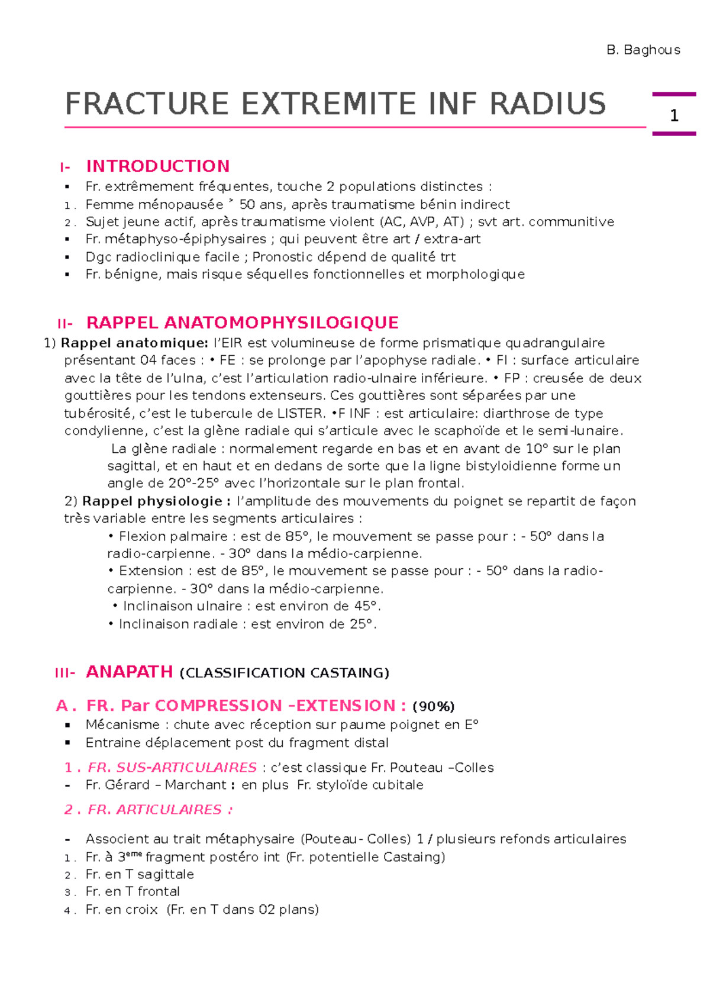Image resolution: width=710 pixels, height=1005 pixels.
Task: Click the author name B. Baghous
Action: pyautogui.click(x=643, y=50)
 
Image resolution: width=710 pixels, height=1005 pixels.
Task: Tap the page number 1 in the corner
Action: pyautogui.click(x=674, y=115)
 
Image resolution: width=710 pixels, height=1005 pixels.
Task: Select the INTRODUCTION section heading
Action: pyautogui.click(x=158, y=166)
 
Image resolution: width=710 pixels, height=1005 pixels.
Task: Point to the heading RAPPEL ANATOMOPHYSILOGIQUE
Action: pyautogui.click(x=243, y=323)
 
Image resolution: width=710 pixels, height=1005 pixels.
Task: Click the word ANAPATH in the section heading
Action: pyautogui.click(x=129, y=672)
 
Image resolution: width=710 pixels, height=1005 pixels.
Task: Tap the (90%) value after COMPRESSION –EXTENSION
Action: pyautogui.click(x=433, y=706)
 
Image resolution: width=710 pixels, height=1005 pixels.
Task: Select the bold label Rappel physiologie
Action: pyautogui.click(x=156, y=501)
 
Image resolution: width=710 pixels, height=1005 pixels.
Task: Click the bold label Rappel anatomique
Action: pyautogui.click(x=134, y=343)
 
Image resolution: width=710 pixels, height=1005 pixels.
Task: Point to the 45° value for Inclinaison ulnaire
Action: pyautogui.click(x=366, y=606)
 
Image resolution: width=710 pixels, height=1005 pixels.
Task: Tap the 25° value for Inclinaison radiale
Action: pyautogui.click(x=362, y=624)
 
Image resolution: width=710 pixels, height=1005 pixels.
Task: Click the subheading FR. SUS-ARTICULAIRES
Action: pyautogui.click(x=172, y=767)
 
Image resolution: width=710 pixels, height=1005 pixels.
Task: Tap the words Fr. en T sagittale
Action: pyautogui.click(x=140, y=874)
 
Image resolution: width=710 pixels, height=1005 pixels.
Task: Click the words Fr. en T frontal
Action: pyautogui.click(x=133, y=891)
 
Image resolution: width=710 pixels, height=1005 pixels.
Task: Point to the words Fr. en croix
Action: pyautogui.click(x=121, y=909)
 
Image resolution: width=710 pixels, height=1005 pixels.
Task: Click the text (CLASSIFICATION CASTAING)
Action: pyautogui.click(x=284, y=673)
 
